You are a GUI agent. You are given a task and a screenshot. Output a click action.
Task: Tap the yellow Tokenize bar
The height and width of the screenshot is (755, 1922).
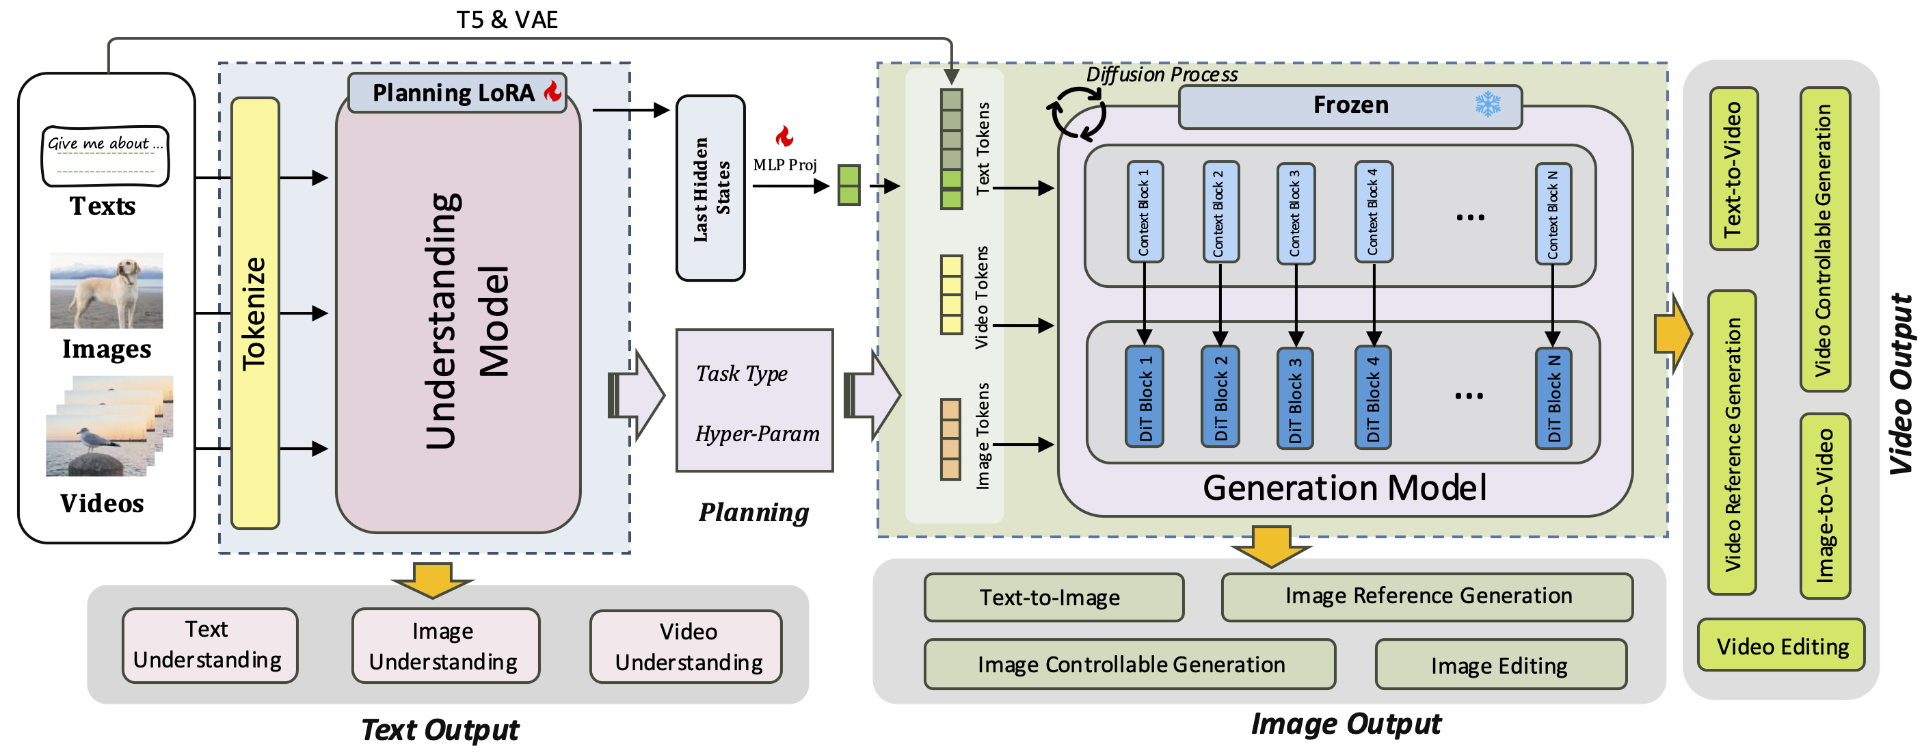click(x=254, y=313)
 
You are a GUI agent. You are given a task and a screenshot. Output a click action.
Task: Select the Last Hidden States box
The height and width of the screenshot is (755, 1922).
click(x=710, y=188)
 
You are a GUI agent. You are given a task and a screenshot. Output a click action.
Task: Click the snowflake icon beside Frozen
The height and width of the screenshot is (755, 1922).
click(x=1487, y=105)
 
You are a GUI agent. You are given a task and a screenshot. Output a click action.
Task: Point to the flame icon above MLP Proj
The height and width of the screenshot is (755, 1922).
click(x=784, y=137)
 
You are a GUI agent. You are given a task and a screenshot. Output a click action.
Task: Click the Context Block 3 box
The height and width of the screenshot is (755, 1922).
click(x=1295, y=213)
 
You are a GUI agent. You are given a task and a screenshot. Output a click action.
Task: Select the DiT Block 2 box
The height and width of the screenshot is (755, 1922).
click(x=1220, y=396)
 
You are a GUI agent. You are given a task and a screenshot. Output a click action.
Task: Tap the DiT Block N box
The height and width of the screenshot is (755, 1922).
click(x=1553, y=397)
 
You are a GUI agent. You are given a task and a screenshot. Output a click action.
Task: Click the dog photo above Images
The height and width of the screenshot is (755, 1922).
click(x=106, y=291)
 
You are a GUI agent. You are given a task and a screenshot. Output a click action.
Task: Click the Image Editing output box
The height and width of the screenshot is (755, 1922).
click(x=1499, y=665)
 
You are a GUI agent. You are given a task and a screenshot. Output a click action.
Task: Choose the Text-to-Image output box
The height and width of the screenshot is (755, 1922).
click(x=1053, y=598)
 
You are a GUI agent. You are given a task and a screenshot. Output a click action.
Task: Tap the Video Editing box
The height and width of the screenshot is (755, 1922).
click(x=1781, y=646)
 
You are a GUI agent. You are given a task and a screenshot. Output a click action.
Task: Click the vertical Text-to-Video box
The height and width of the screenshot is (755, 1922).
click(x=1733, y=170)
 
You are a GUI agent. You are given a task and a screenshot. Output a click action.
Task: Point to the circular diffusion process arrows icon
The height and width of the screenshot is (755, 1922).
click(x=1077, y=114)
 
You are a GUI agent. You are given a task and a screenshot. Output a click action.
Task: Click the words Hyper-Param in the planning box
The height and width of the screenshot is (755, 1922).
click(x=757, y=434)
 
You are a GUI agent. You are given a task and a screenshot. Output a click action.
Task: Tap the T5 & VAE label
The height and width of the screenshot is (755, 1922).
click(x=507, y=19)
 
